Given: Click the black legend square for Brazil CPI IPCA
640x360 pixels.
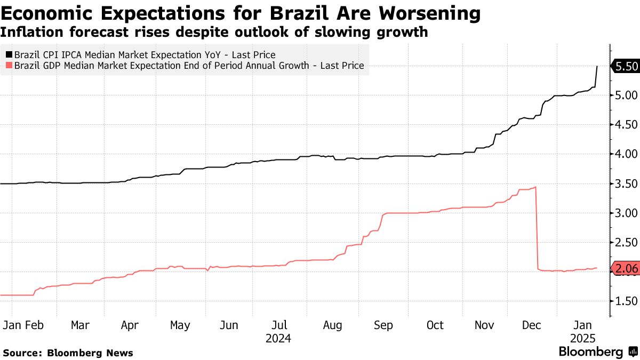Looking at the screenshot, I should (9, 54).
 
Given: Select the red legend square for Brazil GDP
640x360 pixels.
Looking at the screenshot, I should (9, 66).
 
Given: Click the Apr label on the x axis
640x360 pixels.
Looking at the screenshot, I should (130, 325).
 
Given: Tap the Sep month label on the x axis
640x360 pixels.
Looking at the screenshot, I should (384, 325).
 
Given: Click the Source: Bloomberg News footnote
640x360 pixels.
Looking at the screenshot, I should (68, 353).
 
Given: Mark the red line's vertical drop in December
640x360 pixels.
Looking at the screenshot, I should (536, 229).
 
